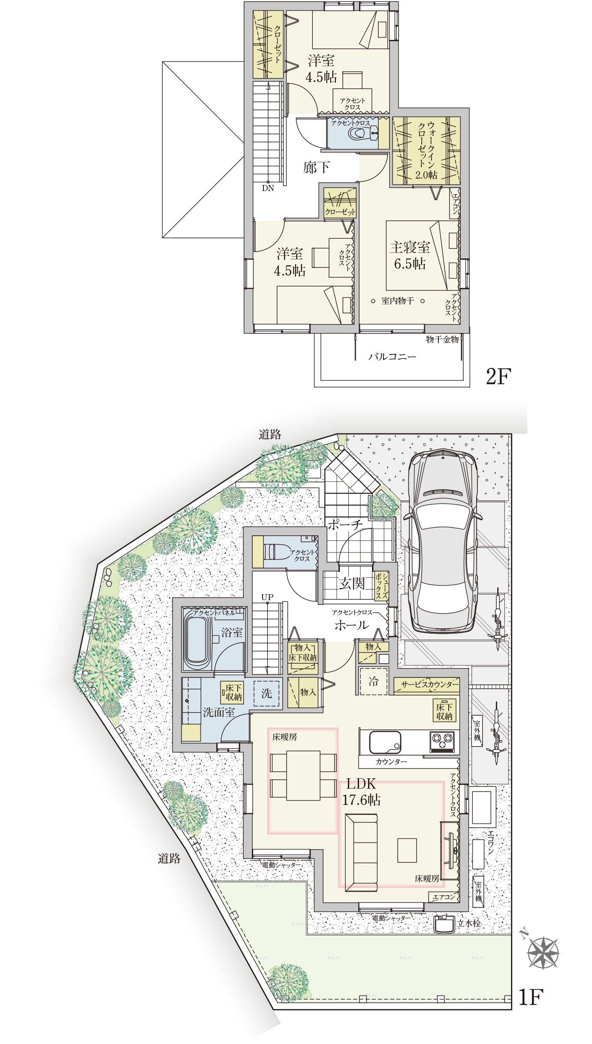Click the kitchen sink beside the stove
tap(385, 742)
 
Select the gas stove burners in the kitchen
tap(442, 739)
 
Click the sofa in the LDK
tap(361, 852)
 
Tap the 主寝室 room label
tap(410, 247)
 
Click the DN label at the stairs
tap(268, 188)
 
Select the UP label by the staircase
tap(267, 597)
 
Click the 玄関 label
tap(352, 583)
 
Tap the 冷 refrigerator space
tap(373, 681)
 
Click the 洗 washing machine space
tap(266, 693)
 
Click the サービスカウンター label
tap(430, 684)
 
